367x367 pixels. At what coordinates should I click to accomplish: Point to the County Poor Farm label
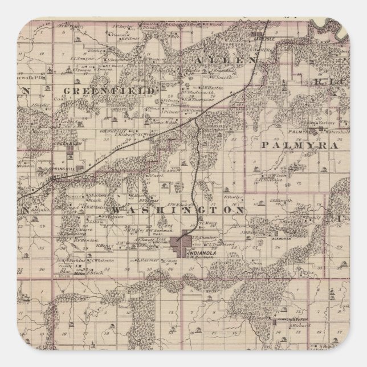point(63,267)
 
